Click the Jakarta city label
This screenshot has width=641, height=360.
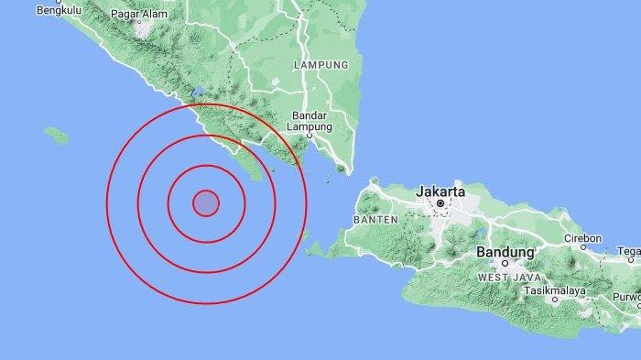tap(440, 191)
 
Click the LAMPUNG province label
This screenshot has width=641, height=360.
tap(320, 66)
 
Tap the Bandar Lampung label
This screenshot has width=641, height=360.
tap(310, 121)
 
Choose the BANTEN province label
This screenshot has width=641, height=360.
tap(375, 220)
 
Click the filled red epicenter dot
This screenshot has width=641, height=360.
tap(206, 202)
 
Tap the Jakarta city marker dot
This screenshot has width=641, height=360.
tap(440, 203)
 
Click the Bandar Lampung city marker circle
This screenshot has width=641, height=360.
tap(310, 135)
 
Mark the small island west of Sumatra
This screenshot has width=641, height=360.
tap(57, 135)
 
